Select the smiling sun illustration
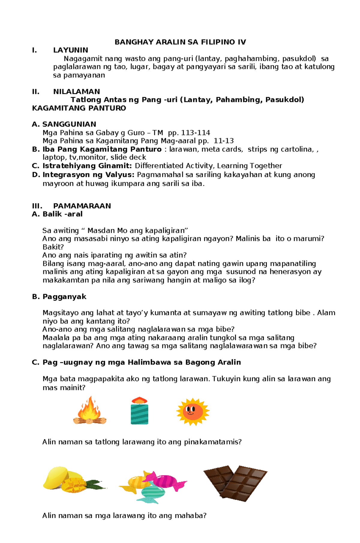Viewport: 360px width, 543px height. point(193,412)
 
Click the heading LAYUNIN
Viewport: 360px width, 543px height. point(70,50)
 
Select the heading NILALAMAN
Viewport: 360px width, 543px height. point(76,91)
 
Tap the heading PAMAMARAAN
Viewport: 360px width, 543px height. point(82,206)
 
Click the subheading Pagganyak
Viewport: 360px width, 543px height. point(64,297)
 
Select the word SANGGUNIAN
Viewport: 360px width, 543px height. point(69,124)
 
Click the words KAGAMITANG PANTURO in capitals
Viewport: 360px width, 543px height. point(79,108)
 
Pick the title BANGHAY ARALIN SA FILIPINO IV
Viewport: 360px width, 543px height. point(180,42)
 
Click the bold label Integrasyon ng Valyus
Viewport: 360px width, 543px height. point(88,175)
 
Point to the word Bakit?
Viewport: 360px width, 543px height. point(53,247)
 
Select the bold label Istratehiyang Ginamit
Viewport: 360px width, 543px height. point(87,166)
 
